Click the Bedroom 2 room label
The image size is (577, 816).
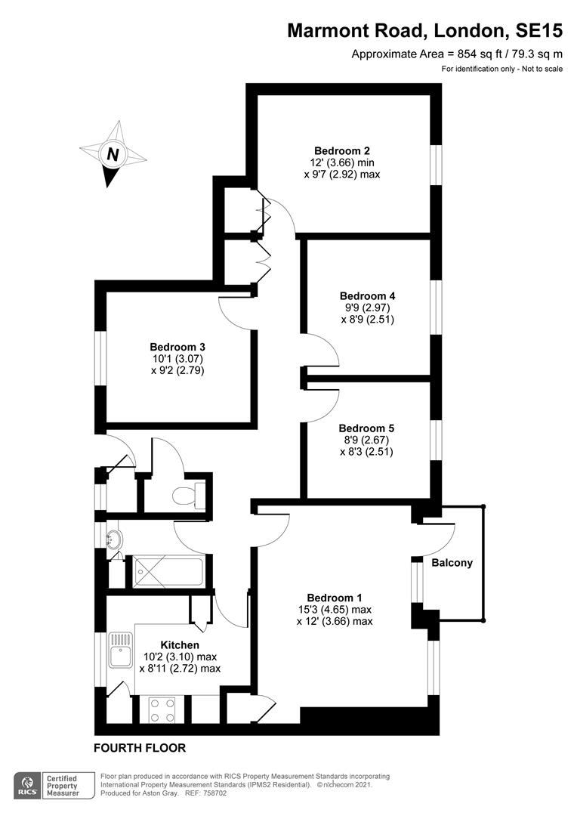click(x=342, y=150)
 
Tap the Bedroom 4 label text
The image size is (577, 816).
click(x=367, y=295)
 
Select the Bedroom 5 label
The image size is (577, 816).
click(x=366, y=428)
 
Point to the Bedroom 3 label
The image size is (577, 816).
click(x=177, y=346)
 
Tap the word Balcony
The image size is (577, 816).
click(x=452, y=563)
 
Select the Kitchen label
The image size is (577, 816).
click(x=180, y=644)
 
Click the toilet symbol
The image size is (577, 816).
click(x=186, y=496)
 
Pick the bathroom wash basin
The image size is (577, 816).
click(x=114, y=539)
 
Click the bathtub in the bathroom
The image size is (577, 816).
click(x=168, y=572)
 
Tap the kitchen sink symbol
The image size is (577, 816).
click(x=121, y=650)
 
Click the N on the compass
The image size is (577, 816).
click(x=113, y=155)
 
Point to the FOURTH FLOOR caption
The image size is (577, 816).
click(x=140, y=748)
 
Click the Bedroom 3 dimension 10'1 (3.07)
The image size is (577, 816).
click(x=178, y=358)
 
